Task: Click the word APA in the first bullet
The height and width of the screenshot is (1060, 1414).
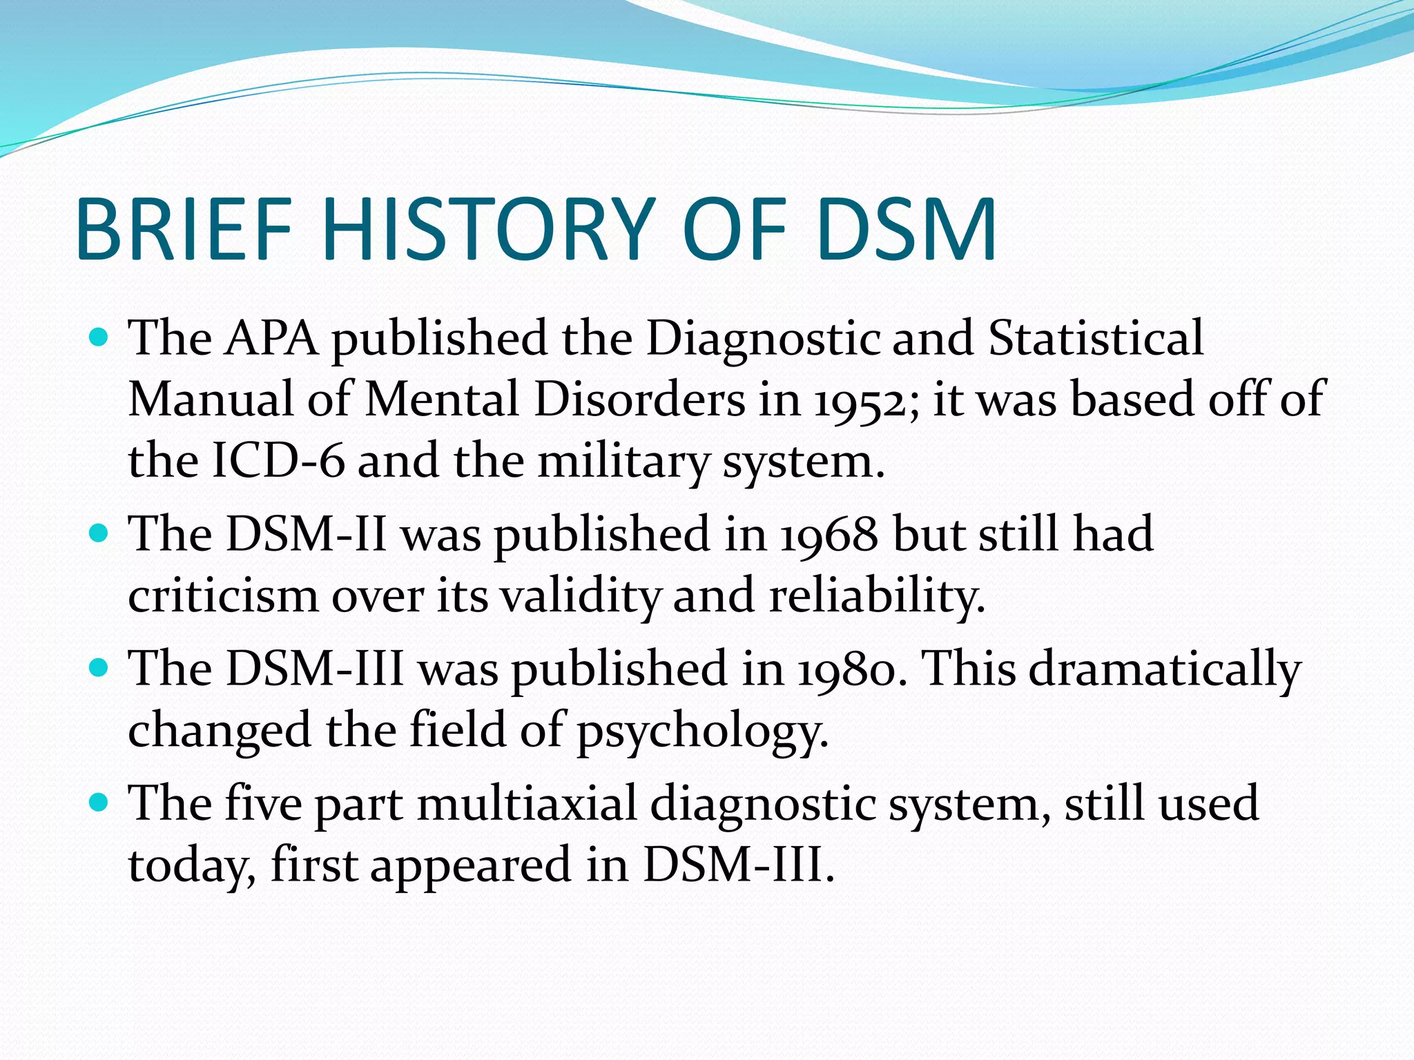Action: pos(271,340)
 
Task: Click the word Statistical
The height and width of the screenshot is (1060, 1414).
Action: pos(1096,340)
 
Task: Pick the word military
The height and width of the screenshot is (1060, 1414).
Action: pos(623,461)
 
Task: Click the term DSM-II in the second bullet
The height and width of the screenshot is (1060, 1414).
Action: pos(307,535)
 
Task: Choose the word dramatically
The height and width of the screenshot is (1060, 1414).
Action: pos(1165,669)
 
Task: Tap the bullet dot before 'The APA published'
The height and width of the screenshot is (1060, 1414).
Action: pos(100,338)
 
